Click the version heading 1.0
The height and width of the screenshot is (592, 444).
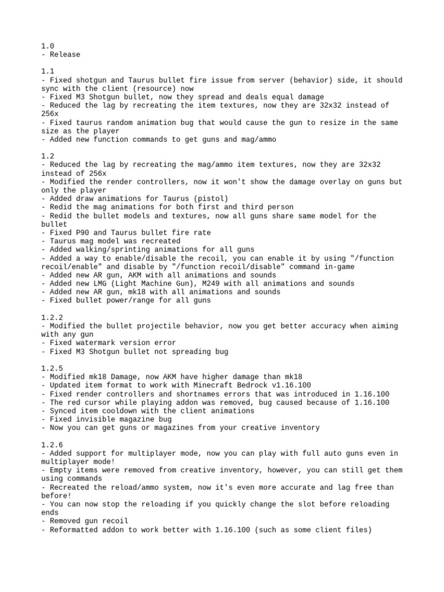[x=47, y=46]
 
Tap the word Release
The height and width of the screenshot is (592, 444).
[x=65, y=55]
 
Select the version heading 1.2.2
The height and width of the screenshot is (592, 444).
[x=51, y=317]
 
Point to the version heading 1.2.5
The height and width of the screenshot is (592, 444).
[x=51, y=368]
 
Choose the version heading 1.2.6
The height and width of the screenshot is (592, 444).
[x=51, y=445]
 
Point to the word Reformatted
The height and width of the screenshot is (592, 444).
[x=75, y=530]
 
